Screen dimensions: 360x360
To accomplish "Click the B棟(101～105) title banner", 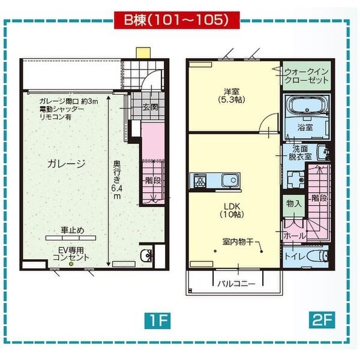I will (177, 19).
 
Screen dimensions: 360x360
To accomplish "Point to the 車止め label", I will (72, 230).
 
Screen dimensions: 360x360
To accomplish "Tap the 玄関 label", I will (150, 108).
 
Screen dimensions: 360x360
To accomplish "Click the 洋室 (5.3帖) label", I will (232, 95).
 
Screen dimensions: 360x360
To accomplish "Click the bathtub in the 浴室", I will (305, 108).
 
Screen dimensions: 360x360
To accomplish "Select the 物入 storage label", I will (294, 204).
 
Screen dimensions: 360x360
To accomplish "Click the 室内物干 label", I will (238, 242).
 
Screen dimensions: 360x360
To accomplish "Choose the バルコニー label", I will (236, 283).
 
